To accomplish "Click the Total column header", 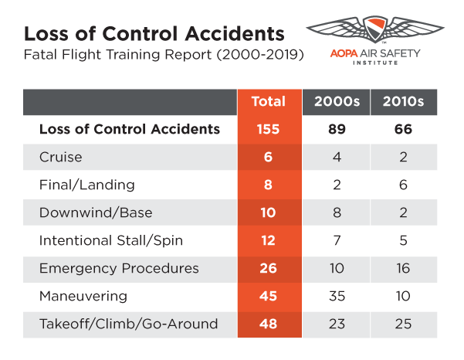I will tap(268, 101).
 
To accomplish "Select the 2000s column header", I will tap(336, 101).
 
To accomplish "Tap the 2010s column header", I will tap(404, 101).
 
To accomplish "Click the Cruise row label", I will tap(61, 157).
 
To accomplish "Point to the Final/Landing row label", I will tap(86, 185).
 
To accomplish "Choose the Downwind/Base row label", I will tap(96, 212).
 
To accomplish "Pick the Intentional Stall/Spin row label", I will tap(111, 240).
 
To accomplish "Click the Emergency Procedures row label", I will tap(119, 268).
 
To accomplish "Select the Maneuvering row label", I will tap(83, 296).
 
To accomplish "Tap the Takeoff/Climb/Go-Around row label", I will tap(128, 324).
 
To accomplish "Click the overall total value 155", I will tap(268, 129).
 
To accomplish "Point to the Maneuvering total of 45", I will tap(268, 296).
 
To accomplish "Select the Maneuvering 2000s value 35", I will tap(336, 296).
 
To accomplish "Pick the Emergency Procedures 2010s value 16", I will tap(404, 268).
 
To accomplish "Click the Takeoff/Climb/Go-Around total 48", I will tap(268, 324).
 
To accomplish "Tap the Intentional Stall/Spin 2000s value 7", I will tap(336, 240).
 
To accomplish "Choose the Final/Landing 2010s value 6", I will tap(404, 185).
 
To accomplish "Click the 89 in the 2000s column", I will tap(336, 129).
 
